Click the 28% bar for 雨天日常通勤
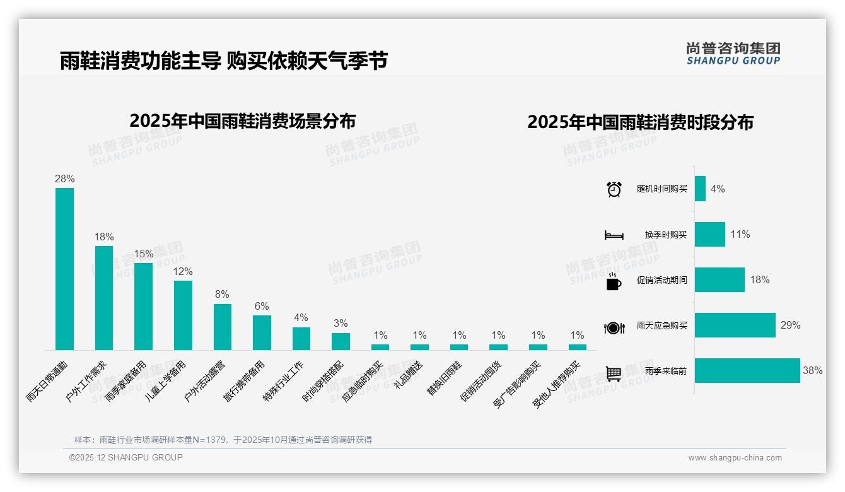coord(64,269)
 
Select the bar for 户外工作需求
coord(104,298)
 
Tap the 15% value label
coord(143,254)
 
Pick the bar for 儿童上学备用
coord(183,315)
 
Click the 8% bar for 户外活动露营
coord(223,327)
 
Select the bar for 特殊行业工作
coord(301,339)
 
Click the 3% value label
coord(341,324)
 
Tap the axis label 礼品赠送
coord(408,376)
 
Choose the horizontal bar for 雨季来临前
coord(747,371)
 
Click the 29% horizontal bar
coord(735,325)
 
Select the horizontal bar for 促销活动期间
coord(720,280)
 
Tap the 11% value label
coord(740,235)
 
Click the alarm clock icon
coord(614,189)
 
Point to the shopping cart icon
coord(614,373)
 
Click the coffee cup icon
coord(614,281)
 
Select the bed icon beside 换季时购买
coord(614,235)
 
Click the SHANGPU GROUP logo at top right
coord(733,54)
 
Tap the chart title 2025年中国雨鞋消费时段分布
coord(640,122)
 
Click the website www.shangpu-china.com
coord(735,458)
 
